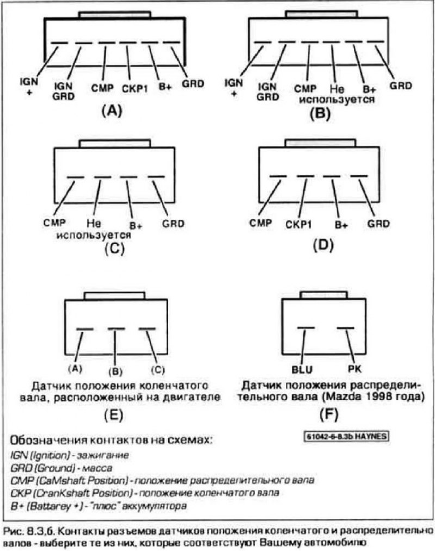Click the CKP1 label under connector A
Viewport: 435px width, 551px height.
[135, 89]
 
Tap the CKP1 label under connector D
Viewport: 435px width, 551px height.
[299, 224]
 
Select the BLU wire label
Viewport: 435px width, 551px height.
[302, 369]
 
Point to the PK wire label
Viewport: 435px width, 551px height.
[354, 369]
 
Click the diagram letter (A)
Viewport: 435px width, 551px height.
[111, 111]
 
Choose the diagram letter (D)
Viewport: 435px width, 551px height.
[324, 245]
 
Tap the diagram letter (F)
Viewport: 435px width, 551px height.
[328, 414]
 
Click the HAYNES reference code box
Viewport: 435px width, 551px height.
[346, 436]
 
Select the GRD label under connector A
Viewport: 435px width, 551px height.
[193, 84]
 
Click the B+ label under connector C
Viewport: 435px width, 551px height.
[136, 225]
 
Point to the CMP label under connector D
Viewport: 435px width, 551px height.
[260, 223]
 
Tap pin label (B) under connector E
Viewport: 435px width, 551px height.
[115, 372]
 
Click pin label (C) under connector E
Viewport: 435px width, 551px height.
[157, 369]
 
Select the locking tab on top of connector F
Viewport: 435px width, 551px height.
[324, 295]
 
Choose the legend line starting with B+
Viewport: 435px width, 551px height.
[98, 506]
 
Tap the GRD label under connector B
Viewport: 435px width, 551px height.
[400, 85]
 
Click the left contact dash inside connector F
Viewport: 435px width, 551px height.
[306, 328]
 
